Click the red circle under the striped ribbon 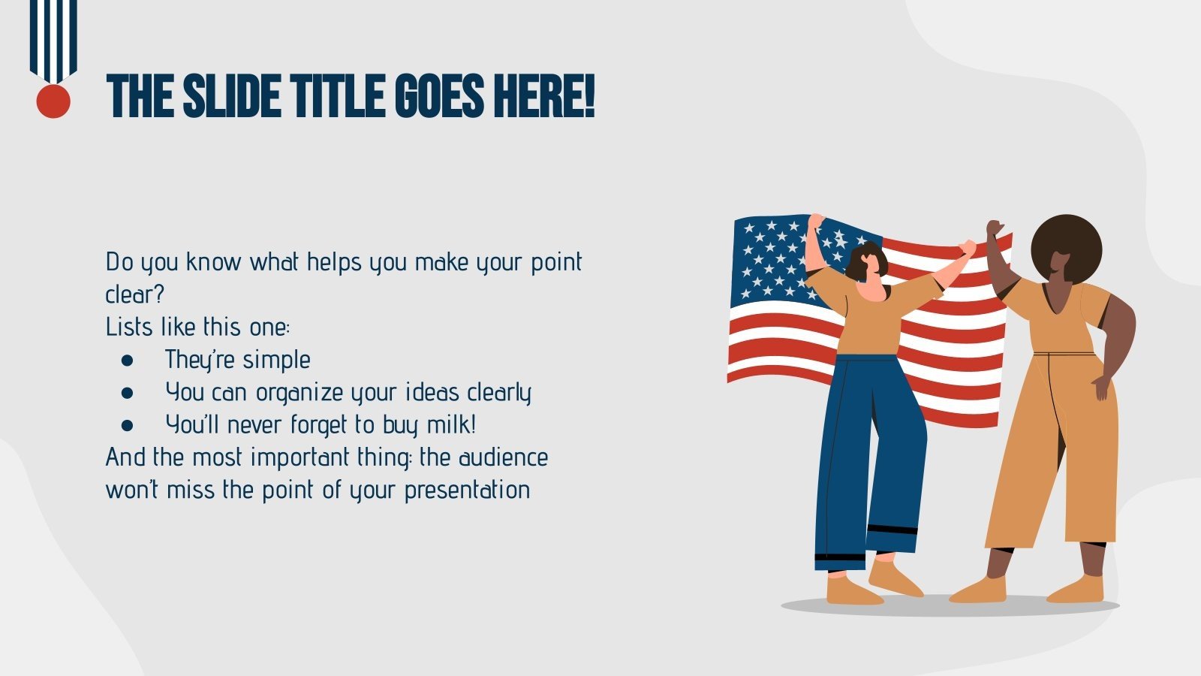tap(53, 101)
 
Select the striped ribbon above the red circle tap(53, 38)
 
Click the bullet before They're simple tap(127, 361)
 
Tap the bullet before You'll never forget tap(127, 426)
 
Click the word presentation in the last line tap(467, 490)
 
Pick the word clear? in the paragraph tap(134, 294)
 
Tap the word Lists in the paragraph tap(129, 327)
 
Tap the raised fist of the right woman tap(995, 228)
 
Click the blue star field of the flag tap(773, 255)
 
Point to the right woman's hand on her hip tap(1101, 387)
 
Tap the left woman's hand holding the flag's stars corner tap(816, 222)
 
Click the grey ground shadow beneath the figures tap(950, 607)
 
